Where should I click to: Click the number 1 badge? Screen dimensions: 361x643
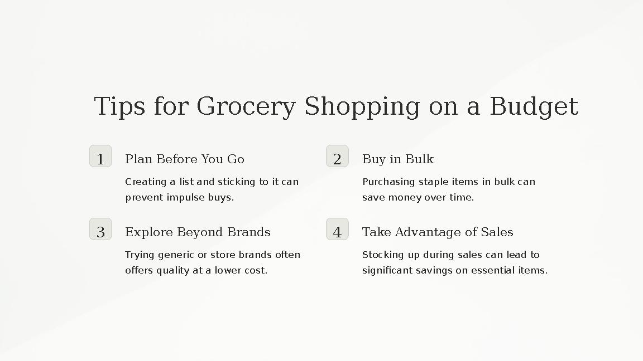100,157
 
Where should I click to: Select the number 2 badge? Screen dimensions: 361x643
337,157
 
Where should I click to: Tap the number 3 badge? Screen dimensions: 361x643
100,230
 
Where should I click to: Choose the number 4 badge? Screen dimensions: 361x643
337,230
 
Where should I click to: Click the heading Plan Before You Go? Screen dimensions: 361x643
185,159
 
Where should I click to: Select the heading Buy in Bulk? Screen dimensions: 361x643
398,159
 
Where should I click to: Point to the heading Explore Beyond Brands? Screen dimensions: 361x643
198,232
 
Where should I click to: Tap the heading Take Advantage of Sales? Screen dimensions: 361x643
438,232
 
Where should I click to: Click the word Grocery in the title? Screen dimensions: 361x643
246,107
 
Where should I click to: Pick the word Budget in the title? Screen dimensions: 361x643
534,107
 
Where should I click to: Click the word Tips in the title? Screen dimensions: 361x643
119,107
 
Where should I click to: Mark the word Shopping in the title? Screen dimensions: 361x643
362,107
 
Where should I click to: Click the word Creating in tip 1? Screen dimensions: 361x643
146,182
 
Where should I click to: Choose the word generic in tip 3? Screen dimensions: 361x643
176,255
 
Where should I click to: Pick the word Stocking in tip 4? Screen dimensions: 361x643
382,255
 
